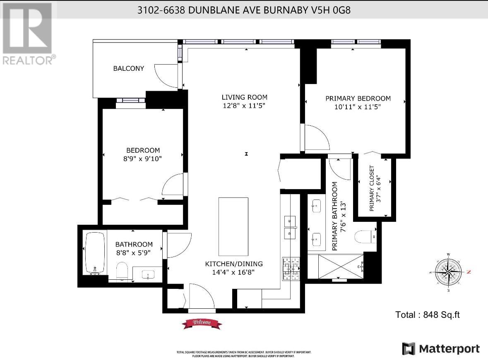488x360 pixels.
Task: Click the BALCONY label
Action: (x=129, y=68)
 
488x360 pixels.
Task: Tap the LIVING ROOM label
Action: (x=244, y=97)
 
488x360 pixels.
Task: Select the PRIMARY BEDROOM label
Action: (x=358, y=98)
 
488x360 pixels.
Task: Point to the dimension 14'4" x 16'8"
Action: (x=234, y=272)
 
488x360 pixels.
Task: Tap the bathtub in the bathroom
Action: (x=96, y=253)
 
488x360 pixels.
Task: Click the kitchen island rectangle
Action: (x=233, y=227)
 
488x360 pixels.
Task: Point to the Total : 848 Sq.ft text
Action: (x=428, y=315)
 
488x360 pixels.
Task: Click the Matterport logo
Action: (x=441, y=348)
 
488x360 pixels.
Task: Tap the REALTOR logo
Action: (x=27, y=34)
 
